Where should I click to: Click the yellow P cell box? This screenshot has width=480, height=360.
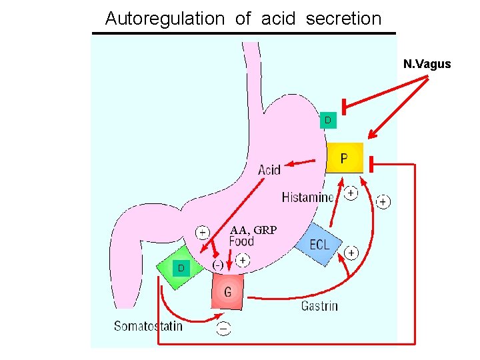(x=345, y=157)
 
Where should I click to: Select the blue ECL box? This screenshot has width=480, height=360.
(x=319, y=245)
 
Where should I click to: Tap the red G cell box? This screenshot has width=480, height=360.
(x=227, y=291)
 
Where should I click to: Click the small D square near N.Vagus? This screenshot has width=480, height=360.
(x=328, y=120)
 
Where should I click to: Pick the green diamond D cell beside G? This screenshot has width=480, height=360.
(x=180, y=267)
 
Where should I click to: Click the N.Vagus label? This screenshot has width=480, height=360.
(x=427, y=64)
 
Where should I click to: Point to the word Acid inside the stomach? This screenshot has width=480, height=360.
(x=269, y=169)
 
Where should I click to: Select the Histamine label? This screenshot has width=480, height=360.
(x=307, y=197)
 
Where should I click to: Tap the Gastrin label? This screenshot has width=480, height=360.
(x=319, y=306)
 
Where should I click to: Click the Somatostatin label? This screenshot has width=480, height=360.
(x=148, y=326)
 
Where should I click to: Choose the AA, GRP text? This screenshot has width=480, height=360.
(x=253, y=230)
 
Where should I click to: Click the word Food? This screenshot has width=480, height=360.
(x=241, y=241)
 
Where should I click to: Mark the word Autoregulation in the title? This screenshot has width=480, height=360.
(x=165, y=19)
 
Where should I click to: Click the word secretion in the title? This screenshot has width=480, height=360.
(x=344, y=19)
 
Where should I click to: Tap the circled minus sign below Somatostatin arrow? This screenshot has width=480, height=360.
(x=223, y=329)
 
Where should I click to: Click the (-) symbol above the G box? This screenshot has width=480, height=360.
(x=217, y=265)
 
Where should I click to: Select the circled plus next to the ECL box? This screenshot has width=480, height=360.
(x=351, y=253)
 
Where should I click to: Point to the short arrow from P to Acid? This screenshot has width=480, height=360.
(x=300, y=163)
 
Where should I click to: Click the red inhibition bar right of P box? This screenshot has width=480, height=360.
(x=371, y=164)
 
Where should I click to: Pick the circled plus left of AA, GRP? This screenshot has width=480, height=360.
(x=203, y=233)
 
